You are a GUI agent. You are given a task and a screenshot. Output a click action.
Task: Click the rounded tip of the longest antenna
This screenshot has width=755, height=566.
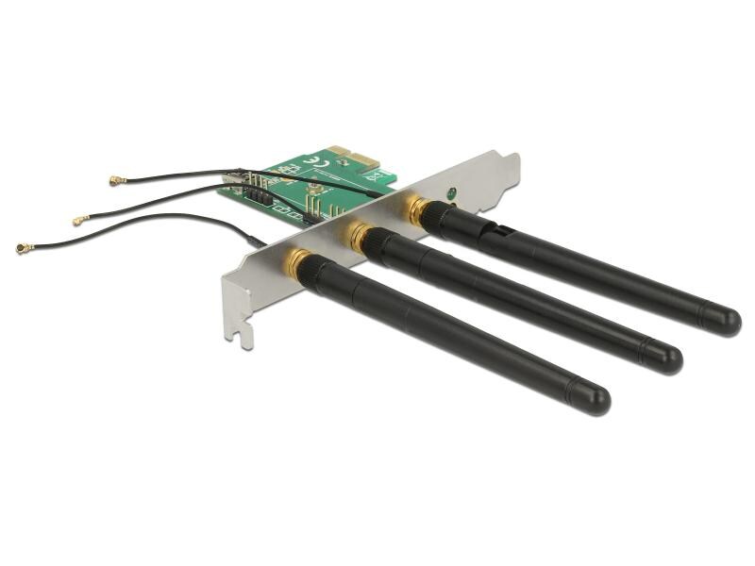[725, 320]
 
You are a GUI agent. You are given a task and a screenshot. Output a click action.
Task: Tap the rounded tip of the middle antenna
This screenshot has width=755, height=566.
[666, 358]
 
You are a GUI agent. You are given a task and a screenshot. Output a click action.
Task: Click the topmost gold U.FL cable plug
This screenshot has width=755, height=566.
[117, 179]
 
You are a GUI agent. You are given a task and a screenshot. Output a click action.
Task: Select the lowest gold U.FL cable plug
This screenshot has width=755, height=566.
[24, 247]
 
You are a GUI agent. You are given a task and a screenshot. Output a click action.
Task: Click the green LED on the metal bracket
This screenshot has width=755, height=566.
[452, 194]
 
